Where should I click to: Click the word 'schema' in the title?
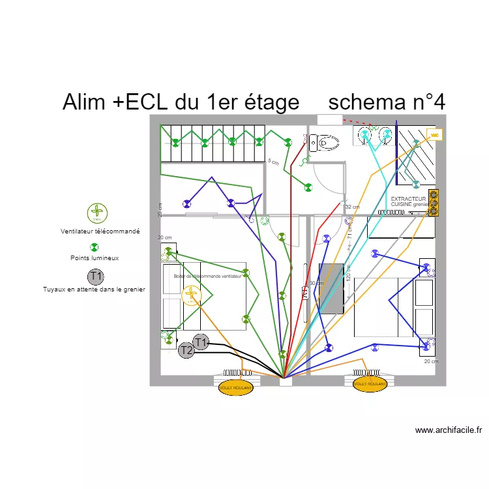368,102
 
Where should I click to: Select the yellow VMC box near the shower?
434,134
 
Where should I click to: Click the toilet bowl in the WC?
326,141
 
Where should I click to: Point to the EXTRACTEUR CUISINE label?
408,201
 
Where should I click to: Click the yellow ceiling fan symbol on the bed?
190,295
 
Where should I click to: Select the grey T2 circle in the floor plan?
186,351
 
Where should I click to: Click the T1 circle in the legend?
96,276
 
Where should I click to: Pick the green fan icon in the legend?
96,213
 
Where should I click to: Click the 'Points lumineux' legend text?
95,258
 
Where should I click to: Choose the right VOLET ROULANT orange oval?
369,385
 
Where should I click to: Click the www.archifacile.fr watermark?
449,430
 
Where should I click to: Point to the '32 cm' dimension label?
352,207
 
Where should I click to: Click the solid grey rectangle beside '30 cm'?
331,288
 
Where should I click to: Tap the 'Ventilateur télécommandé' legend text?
100,231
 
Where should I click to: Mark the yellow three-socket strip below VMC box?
434,202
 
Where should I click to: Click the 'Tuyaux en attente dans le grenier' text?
94,289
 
